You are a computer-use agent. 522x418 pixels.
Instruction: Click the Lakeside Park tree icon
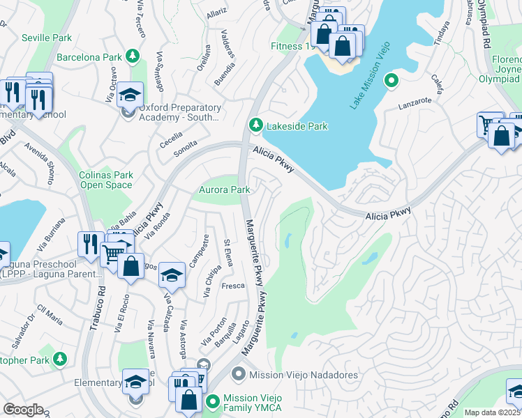tap(256, 125)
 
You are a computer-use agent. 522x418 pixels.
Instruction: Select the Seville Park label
tap(46, 37)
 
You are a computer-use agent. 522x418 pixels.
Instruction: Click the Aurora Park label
tap(225, 190)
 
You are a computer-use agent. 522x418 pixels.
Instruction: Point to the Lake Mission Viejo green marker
tap(391, 82)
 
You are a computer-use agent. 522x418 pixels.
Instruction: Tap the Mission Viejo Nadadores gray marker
tap(239, 375)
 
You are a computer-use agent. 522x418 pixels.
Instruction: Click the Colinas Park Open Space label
tap(106, 180)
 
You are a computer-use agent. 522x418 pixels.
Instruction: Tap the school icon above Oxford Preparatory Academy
tap(130, 95)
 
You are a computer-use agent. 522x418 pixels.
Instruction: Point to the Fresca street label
tap(232, 286)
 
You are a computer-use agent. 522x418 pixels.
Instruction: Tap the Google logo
tap(23, 410)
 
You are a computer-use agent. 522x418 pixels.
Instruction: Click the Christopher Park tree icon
tap(61, 359)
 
